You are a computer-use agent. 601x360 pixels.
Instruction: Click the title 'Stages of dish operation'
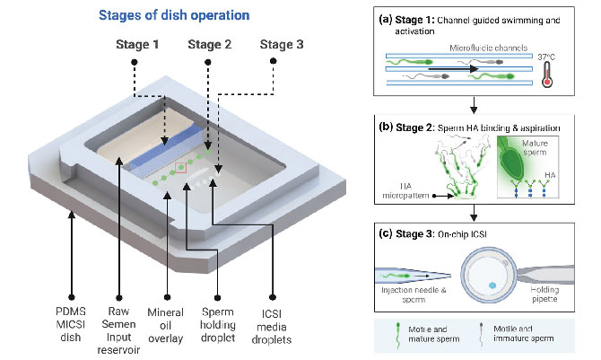coord(186,15)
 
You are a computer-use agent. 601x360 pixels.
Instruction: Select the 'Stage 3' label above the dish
coord(282,44)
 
